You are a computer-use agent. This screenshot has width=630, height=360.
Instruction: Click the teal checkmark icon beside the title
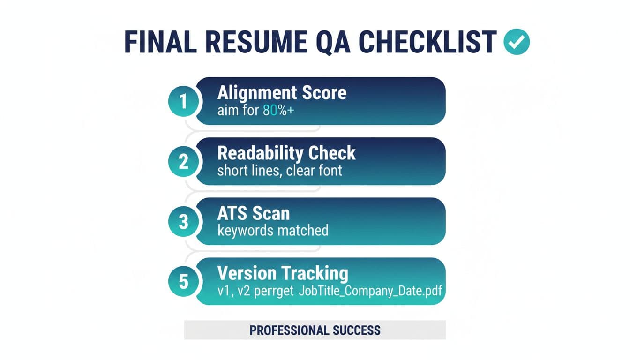[517, 42]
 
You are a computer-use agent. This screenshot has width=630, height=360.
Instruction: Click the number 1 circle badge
[183, 101]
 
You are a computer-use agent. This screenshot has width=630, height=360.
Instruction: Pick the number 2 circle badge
[183, 161]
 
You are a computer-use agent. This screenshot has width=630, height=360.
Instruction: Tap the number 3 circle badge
[183, 222]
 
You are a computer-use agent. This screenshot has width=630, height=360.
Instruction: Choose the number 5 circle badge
[183, 281]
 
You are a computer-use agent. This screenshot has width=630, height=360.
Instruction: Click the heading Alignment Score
[282, 93]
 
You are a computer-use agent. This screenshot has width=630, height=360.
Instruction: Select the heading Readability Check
[286, 153]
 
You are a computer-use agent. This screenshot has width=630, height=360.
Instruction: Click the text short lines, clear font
[280, 170]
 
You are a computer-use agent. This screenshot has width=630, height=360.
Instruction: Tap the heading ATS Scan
[254, 213]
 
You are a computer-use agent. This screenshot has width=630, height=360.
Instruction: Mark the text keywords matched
[273, 230]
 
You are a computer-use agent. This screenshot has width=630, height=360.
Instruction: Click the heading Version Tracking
[283, 273]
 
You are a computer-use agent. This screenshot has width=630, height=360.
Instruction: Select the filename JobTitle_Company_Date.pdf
[370, 291]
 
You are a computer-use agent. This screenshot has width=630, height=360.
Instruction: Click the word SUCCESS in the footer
[357, 330]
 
